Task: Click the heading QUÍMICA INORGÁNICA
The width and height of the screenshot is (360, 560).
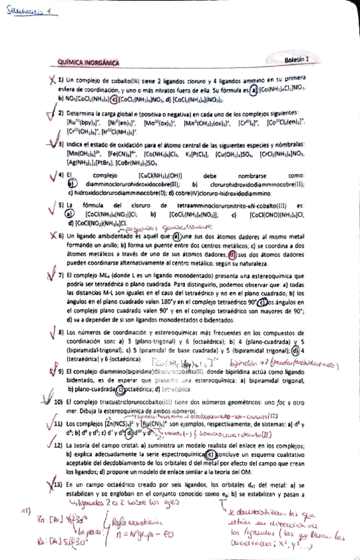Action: (89, 63)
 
